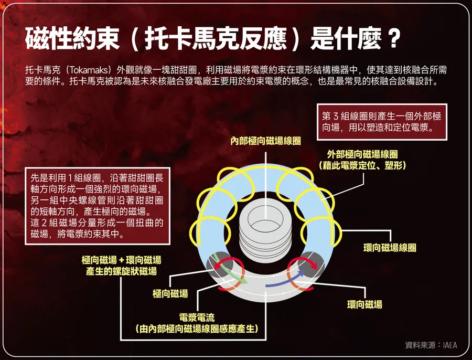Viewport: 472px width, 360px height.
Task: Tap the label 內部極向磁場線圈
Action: click(x=266, y=141)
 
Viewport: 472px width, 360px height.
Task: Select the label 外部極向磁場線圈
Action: click(x=362, y=154)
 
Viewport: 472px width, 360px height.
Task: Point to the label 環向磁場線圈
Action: click(x=390, y=247)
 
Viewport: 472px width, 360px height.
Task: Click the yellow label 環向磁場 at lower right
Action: click(x=364, y=304)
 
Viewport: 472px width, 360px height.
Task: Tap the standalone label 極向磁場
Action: click(x=170, y=294)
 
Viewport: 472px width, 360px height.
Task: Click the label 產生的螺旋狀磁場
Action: click(x=121, y=271)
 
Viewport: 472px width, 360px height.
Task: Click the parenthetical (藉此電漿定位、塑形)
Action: click(x=362, y=166)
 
